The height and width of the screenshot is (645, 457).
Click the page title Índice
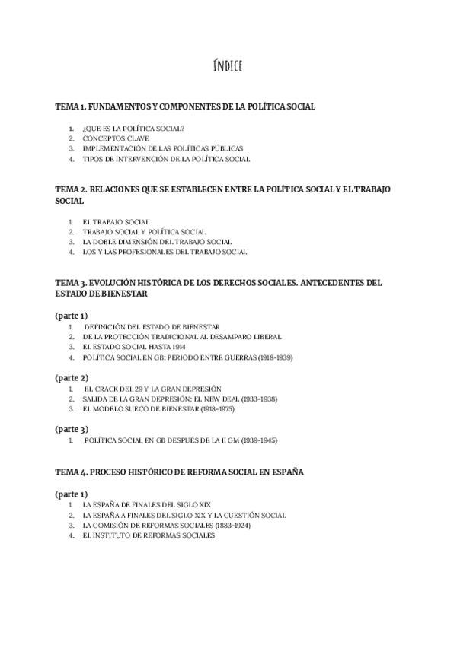(x=228, y=67)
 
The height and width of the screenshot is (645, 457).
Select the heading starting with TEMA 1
(x=185, y=107)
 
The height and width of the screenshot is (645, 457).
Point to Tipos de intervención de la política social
(x=166, y=160)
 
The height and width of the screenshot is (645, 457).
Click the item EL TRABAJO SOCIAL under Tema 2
(x=116, y=221)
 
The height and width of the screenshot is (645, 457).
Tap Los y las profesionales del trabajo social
(x=165, y=252)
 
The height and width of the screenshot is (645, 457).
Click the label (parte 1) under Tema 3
(x=72, y=316)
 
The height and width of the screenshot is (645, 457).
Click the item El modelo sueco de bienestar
(x=158, y=409)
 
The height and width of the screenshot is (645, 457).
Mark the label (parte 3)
(x=72, y=429)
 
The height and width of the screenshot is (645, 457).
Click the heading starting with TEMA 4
(x=179, y=472)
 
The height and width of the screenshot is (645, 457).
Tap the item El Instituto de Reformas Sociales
(x=149, y=535)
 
